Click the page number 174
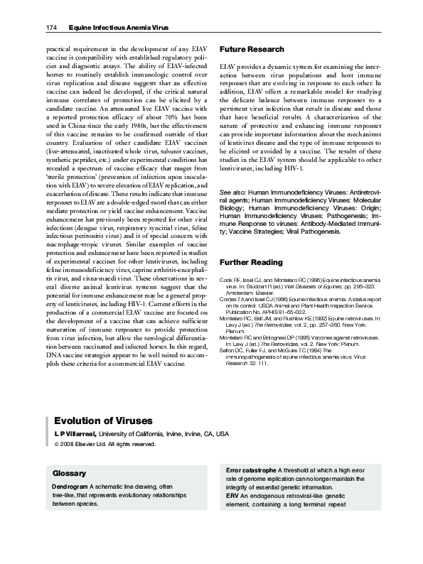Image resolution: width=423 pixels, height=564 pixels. [51, 28]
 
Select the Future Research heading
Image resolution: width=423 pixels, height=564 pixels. [252, 49]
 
